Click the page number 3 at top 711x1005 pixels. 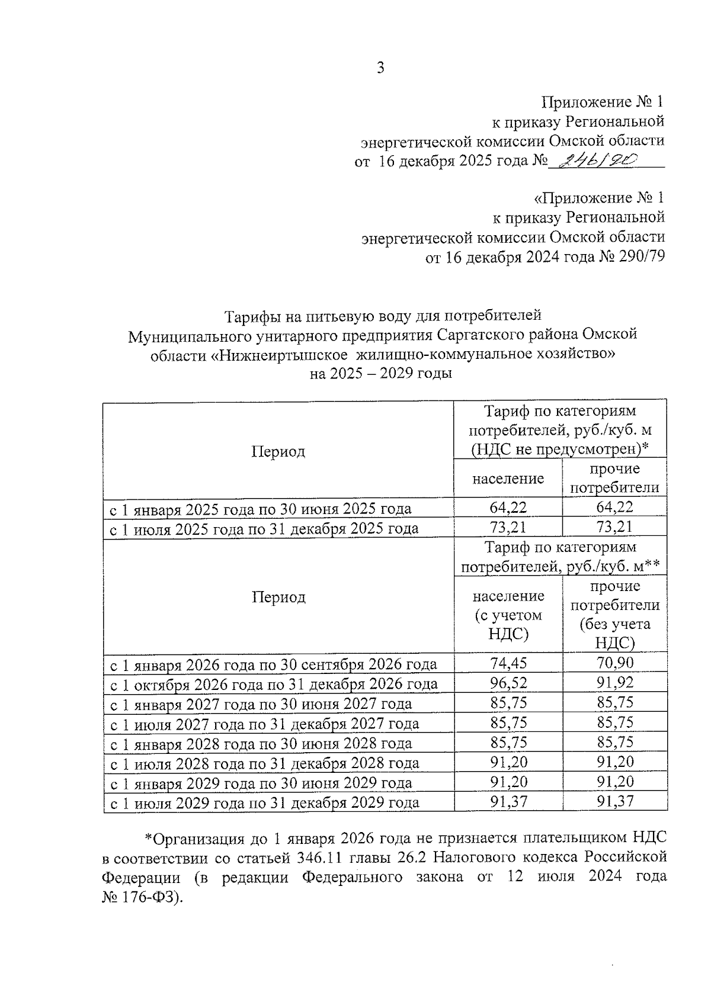pos(380,68)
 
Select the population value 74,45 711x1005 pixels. pos(508,663)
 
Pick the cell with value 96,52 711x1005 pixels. pos(508,683)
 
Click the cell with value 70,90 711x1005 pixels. pos(614,663)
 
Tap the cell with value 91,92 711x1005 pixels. pos(614,683)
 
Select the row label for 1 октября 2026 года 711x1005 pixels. pos(274,684)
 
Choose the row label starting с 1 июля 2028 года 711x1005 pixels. pos(265,763)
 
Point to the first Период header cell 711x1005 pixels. pos(278,452)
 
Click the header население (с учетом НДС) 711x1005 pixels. pos(508,614)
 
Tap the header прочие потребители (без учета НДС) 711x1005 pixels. pos(614,614)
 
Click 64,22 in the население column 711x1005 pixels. pos(508,507)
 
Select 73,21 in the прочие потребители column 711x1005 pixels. pos(614,527)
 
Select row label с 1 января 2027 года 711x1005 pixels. pos(261,704)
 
